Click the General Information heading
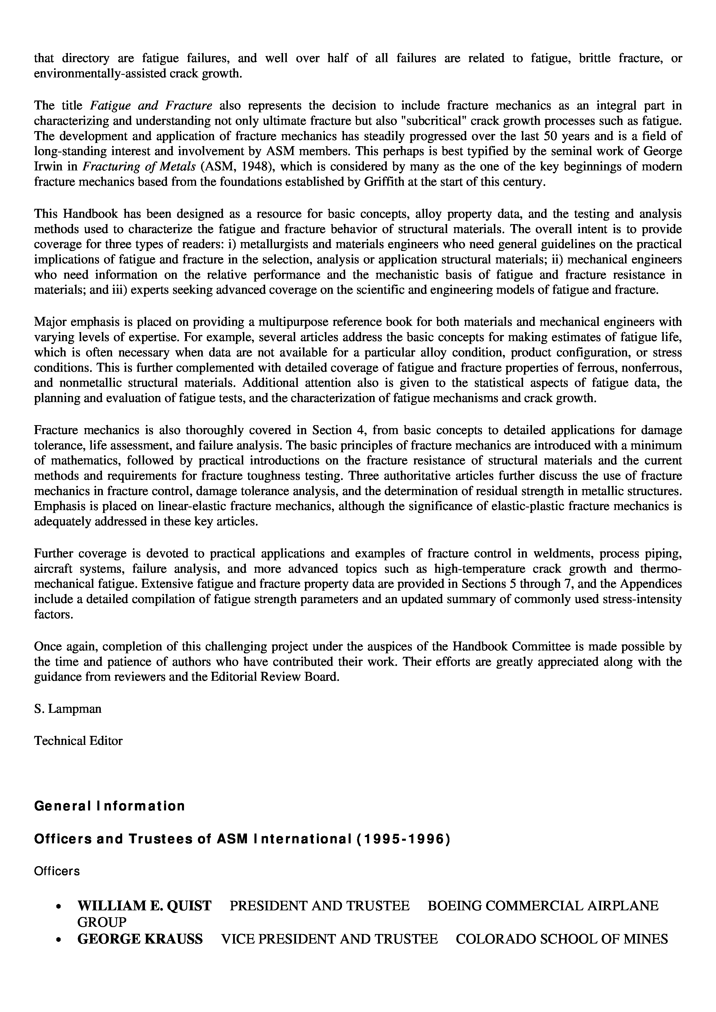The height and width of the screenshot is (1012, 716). point(109,806)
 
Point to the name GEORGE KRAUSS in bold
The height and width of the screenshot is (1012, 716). point(140,939)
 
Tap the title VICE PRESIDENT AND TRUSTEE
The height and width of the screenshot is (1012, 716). point(329,939)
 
